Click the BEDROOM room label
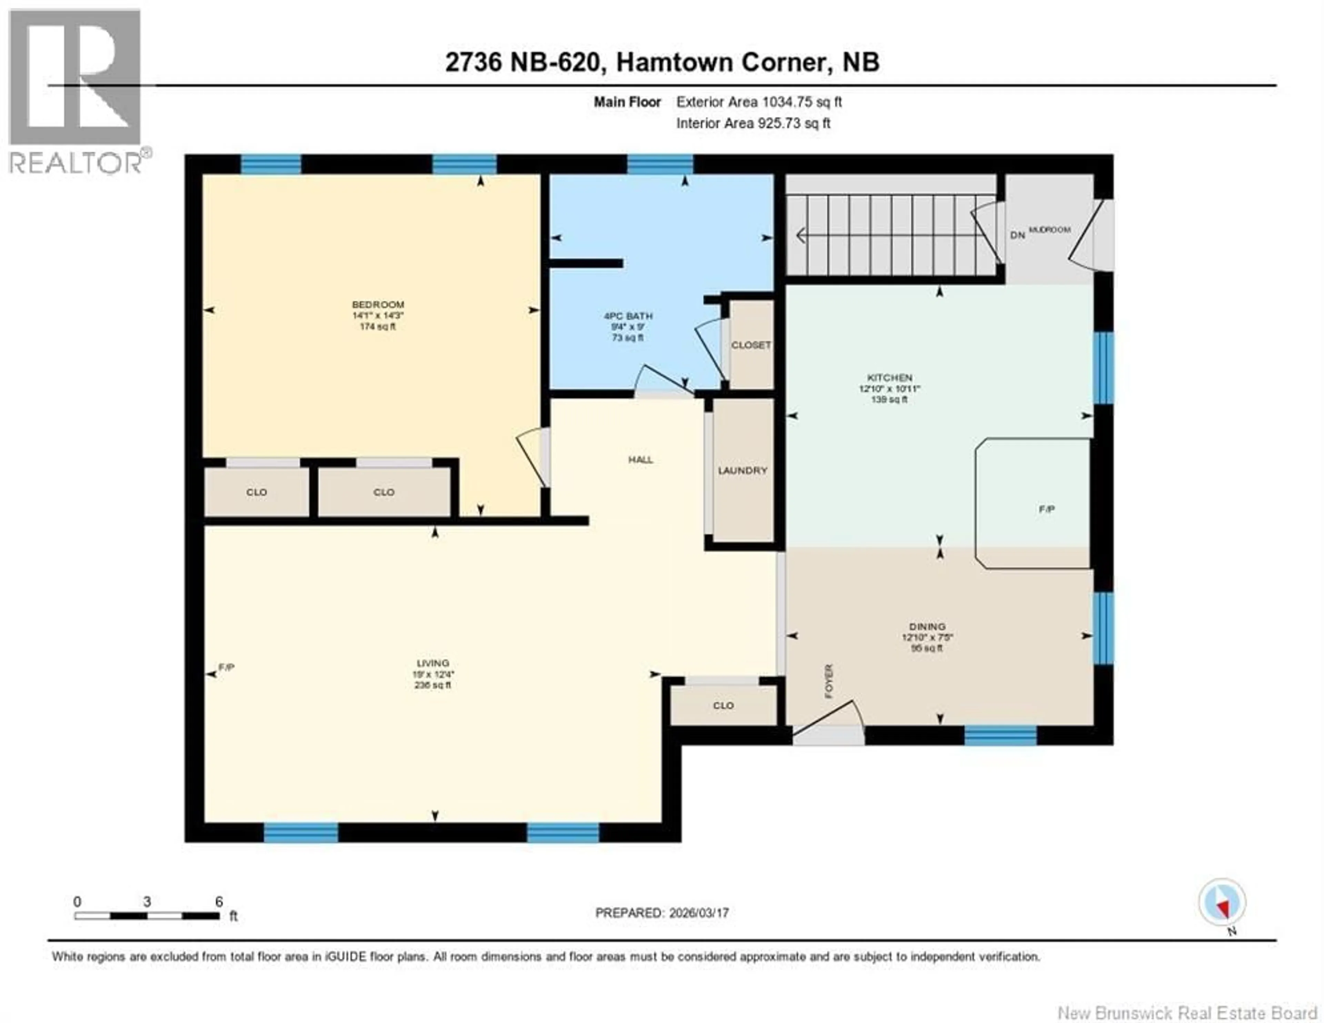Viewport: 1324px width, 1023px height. (378, 304)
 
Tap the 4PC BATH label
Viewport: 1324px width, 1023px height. (628, 316)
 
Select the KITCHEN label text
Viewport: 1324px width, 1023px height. (889, 378)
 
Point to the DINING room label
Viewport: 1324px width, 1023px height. (927, 626)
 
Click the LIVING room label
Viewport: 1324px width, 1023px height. (433, 663)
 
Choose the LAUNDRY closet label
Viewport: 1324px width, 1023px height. (743, 471)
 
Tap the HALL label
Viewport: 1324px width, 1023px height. (640, 460)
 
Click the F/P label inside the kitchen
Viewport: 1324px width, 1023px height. (1046, 509)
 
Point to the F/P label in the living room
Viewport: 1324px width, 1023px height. (226, 668)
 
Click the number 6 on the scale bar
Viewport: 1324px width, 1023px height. (219, 902)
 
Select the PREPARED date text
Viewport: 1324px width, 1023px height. (662, 913)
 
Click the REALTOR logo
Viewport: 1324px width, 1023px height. (76, 91)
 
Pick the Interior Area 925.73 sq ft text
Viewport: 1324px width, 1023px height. (753, 123)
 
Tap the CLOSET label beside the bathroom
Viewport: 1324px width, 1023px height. (751, 345)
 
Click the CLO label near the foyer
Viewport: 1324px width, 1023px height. (723, 705)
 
